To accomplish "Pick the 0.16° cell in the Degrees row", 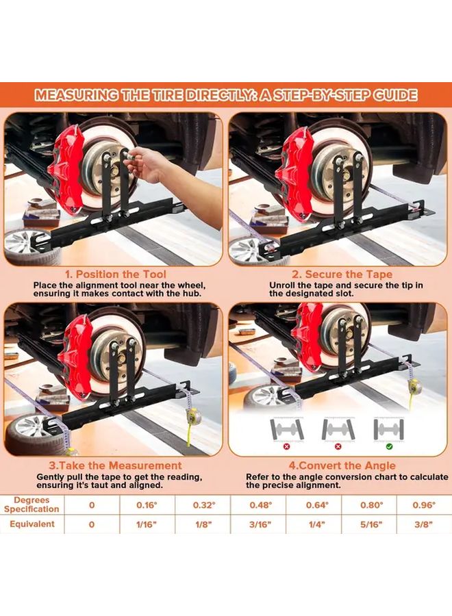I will tap(147, 504).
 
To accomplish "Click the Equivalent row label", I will tap(32, 524).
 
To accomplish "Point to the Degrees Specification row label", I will tap(32, 504).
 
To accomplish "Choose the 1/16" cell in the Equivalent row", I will tap(147, 524).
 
